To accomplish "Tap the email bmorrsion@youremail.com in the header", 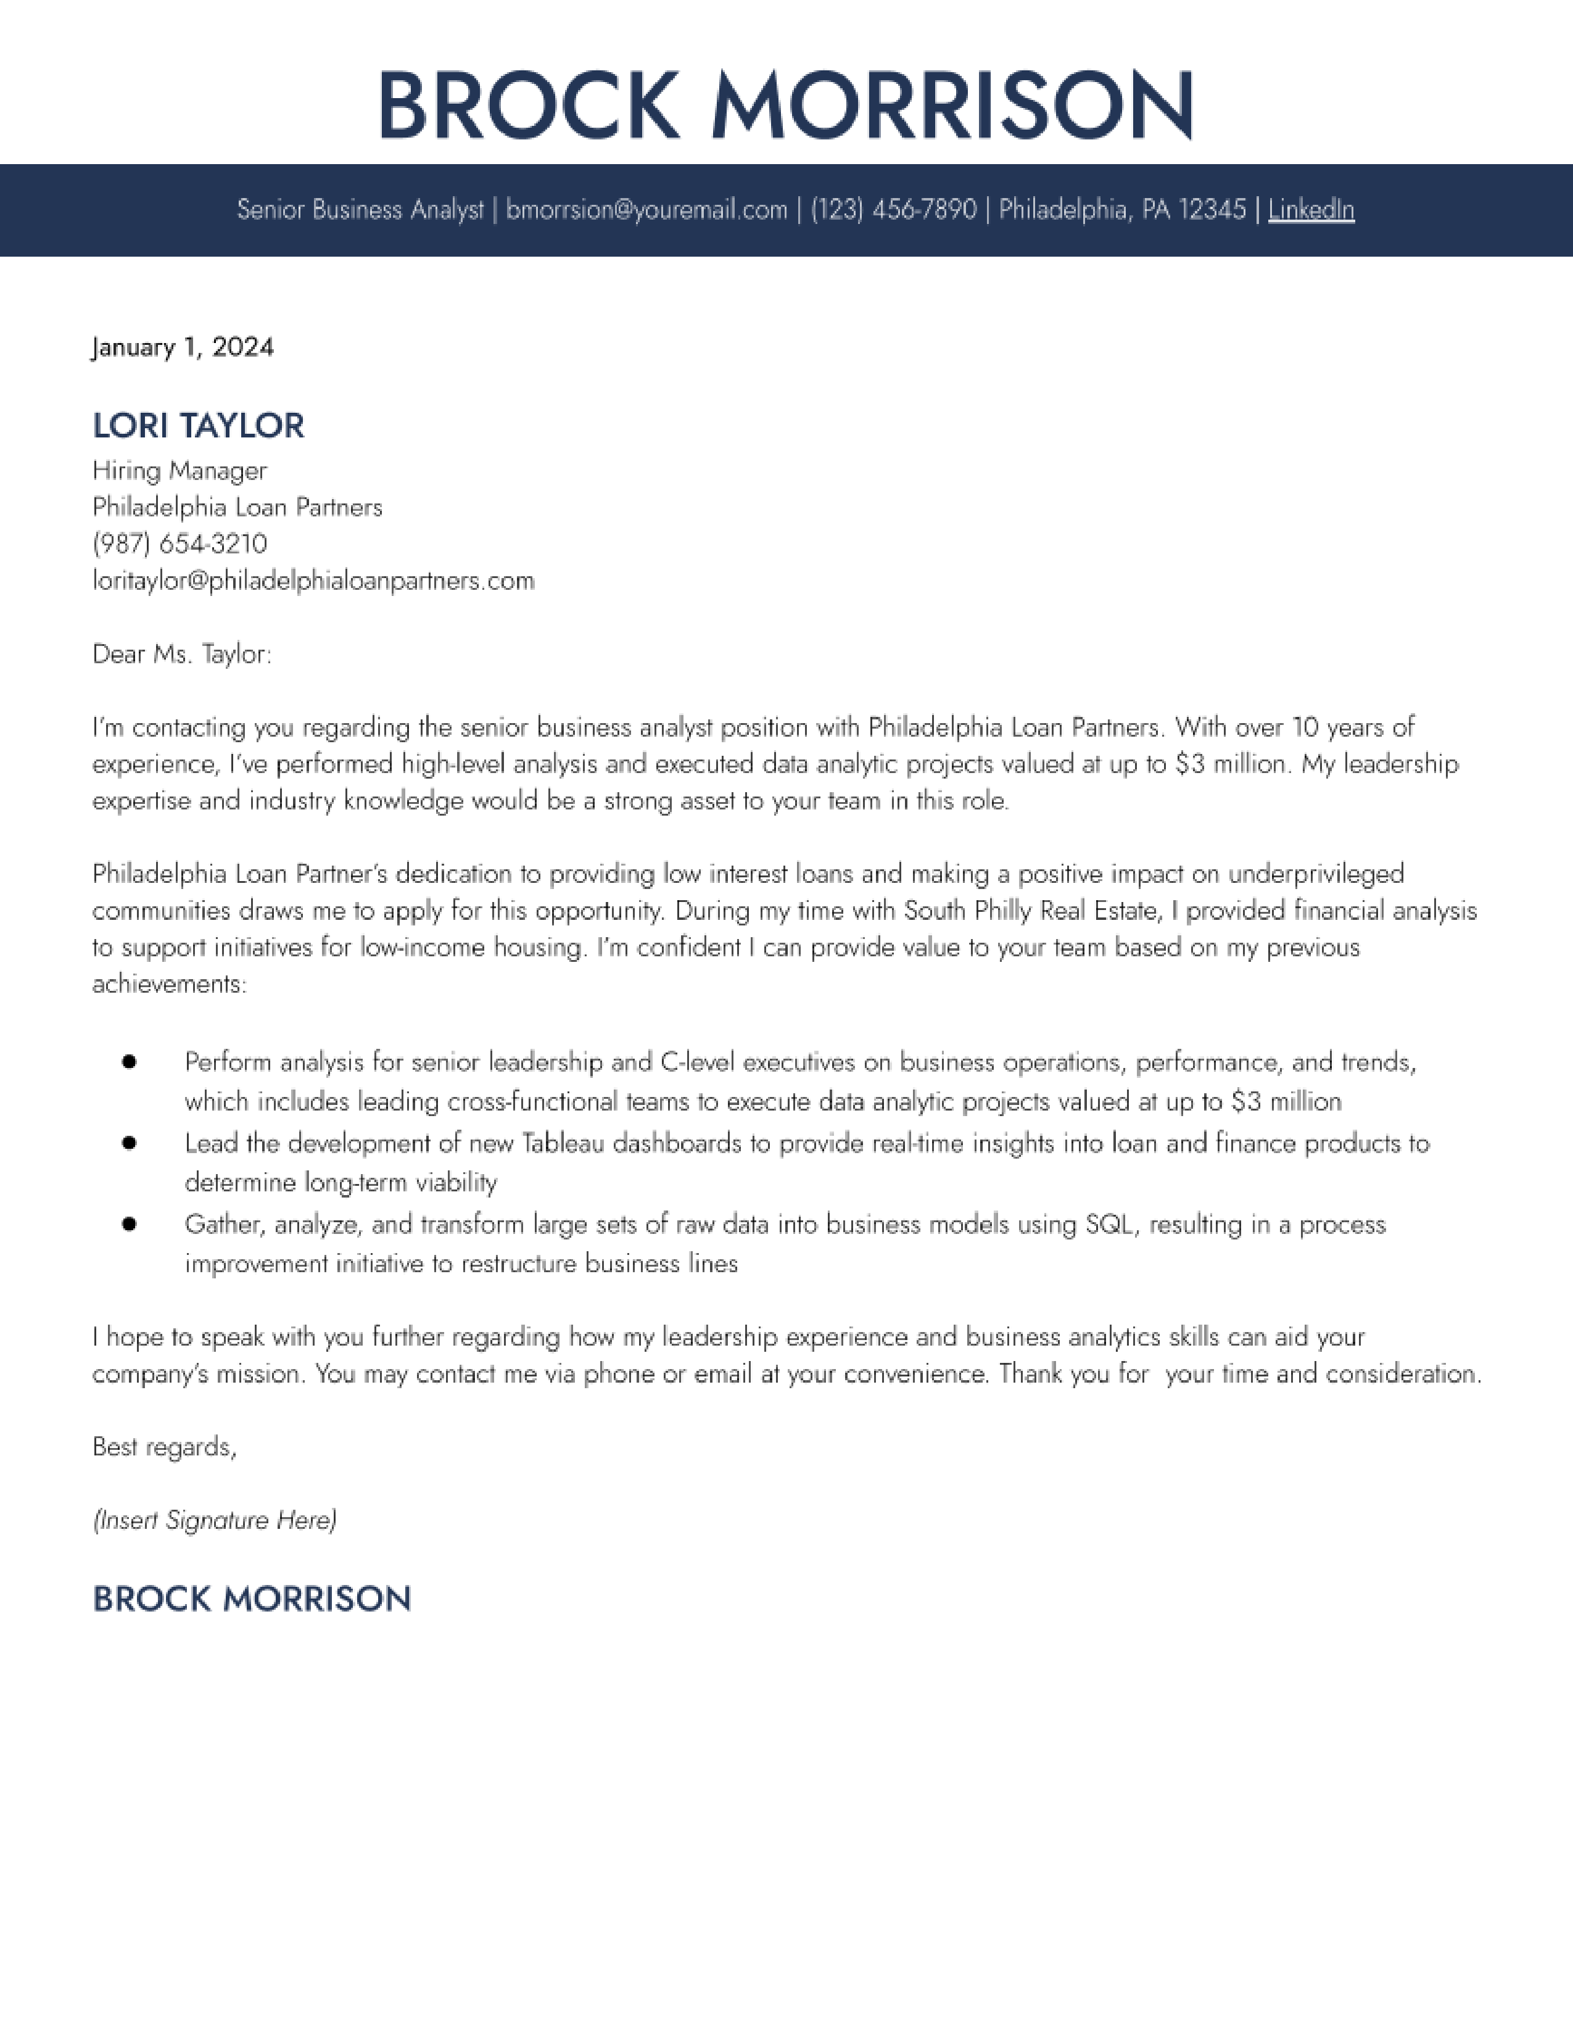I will click(646, 210).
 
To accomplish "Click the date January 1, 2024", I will click(183, 348).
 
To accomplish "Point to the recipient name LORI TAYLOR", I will click(199, 426).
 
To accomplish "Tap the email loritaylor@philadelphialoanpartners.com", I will click(313, 581).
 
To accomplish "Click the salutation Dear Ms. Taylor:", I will click(182, 655).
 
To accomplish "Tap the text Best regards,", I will click(165, 1447).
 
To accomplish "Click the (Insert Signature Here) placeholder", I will click(214, 1520).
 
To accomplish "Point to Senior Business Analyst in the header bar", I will click(360, 210).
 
